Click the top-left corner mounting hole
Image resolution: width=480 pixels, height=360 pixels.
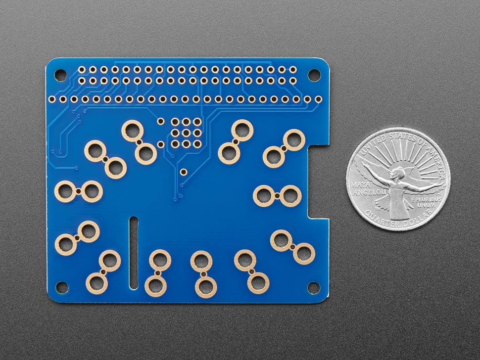click(x=60, y=75)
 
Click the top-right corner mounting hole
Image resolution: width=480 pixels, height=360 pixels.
click(x=314, y=75)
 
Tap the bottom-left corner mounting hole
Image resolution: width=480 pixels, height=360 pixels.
click(x=61, y=287)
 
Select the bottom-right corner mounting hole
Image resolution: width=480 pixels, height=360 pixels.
click(x=314, y=287)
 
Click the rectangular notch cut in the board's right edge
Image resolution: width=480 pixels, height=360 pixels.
click(x=319, y=180)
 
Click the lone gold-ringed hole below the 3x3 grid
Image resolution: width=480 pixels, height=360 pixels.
click(x=183, y=172)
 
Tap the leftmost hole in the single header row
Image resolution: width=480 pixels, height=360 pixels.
click(x=63, y=99)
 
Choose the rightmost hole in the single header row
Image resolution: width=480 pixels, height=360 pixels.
click(x=318, y=99)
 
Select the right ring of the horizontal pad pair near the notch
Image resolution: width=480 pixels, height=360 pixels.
click(x=290, y=196)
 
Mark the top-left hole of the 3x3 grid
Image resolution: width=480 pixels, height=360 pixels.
click(x=175, y=122)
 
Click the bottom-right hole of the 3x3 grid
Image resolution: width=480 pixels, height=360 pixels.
click(x=197, y=144)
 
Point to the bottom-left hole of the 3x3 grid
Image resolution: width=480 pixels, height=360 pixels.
click(x=175, y=144)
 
